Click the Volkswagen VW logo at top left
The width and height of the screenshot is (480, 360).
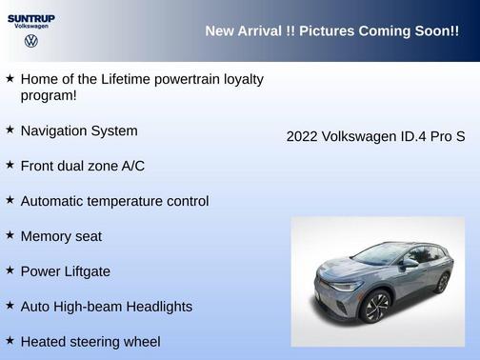30,42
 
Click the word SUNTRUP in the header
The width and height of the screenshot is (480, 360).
30,18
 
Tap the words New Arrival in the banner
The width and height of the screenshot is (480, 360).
244,31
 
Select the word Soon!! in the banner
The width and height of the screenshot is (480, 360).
436,31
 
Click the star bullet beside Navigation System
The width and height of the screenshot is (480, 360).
10,130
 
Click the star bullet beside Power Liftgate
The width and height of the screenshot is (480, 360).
10,270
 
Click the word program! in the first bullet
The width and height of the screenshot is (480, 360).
49,95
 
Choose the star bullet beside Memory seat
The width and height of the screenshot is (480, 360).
10,235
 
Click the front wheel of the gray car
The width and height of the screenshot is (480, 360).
377,308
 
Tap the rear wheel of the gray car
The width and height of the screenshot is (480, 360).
442,282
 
